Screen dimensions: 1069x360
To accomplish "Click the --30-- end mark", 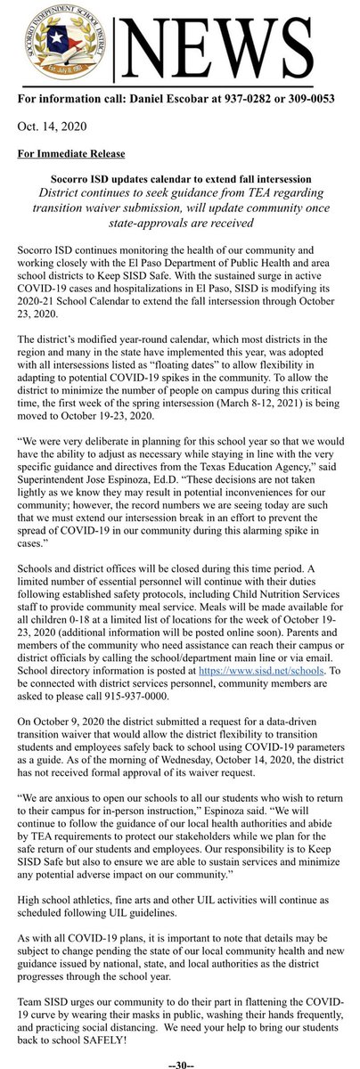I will coord(180,1061).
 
